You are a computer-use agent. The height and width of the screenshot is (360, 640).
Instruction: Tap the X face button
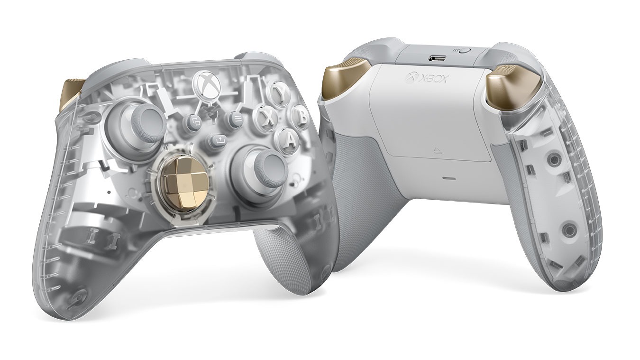[267, 117]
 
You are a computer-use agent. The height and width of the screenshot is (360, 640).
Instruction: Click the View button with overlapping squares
[194, 122]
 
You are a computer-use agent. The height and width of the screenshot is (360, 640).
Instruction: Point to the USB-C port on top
[435, 58]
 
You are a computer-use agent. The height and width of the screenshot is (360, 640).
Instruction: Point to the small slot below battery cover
[447, 179]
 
